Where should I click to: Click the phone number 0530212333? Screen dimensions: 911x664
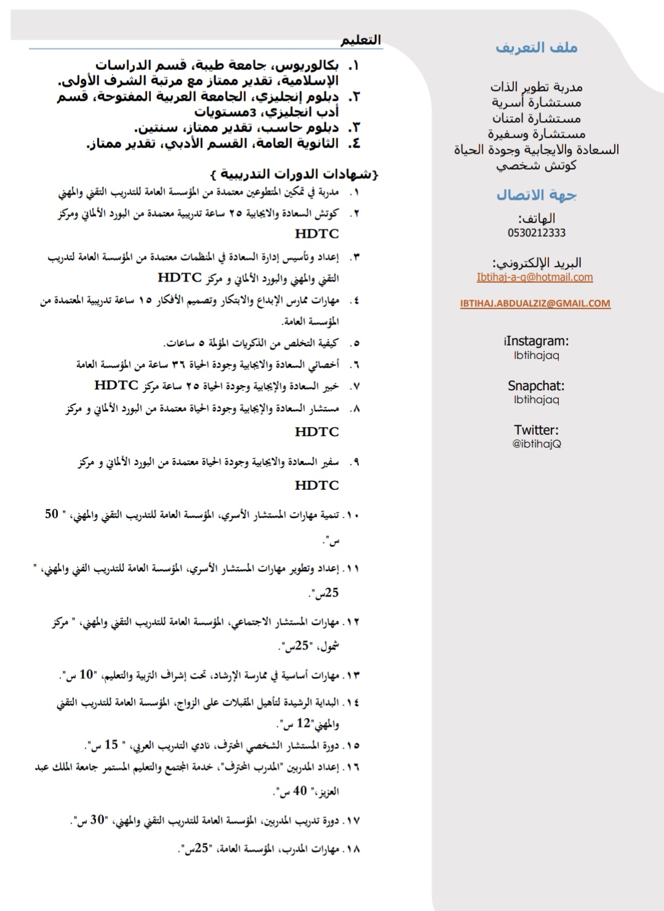(536, 233)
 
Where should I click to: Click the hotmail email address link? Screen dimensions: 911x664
(535, 277)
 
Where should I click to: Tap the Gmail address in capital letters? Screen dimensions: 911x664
(535, 303)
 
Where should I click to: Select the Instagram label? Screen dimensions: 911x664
(536, 341)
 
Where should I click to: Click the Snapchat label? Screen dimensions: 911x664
(536, 386)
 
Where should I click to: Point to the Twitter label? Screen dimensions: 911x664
(536, 430)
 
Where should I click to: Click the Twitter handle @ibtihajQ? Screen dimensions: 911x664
(536, 444)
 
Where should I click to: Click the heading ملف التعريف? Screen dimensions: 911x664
(536, 48)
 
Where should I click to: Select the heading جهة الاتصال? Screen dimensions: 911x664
(536, 195)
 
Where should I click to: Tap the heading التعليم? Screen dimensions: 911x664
(361, 40)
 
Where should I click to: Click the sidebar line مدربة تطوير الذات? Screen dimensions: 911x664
(536, 87)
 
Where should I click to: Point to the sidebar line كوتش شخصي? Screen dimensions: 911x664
(536, 165)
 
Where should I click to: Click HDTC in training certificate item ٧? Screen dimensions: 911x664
(116, 385)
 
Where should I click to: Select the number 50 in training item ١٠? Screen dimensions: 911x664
(52, 514)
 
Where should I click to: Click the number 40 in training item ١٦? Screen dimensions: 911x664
(299, 791)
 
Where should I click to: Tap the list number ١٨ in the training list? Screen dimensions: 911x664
(352, 850)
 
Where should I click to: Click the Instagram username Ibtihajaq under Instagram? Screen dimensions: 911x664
(536, 355)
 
